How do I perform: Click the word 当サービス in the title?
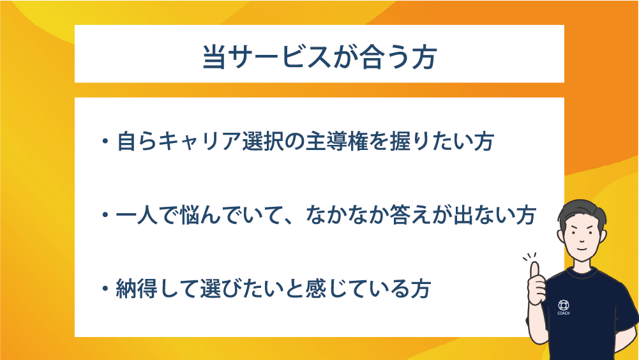(x=255, y=56)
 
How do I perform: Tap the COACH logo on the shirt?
(x=563, y=308)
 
